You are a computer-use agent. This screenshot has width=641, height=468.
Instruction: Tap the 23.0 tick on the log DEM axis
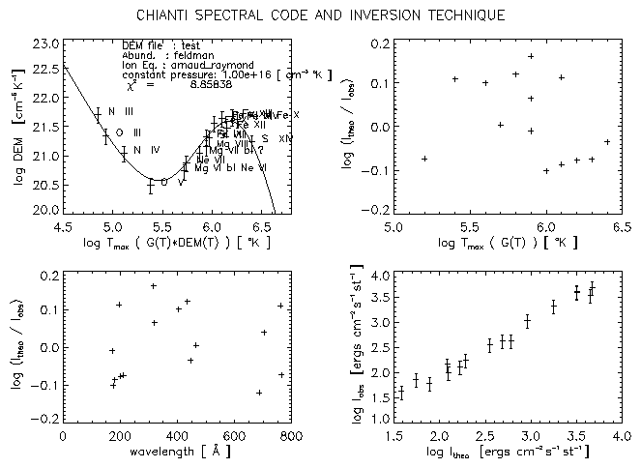tap(44, 44)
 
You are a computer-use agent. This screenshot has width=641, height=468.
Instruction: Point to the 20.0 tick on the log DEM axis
tap(44, 209)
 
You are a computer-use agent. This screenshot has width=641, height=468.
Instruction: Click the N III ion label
tap(121, 112)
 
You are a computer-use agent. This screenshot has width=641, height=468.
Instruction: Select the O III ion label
tap(129, 132)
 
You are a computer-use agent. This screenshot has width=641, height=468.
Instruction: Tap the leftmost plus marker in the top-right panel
tap(424, 158)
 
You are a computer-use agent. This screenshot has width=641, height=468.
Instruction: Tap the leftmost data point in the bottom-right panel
tap(401, 393)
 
